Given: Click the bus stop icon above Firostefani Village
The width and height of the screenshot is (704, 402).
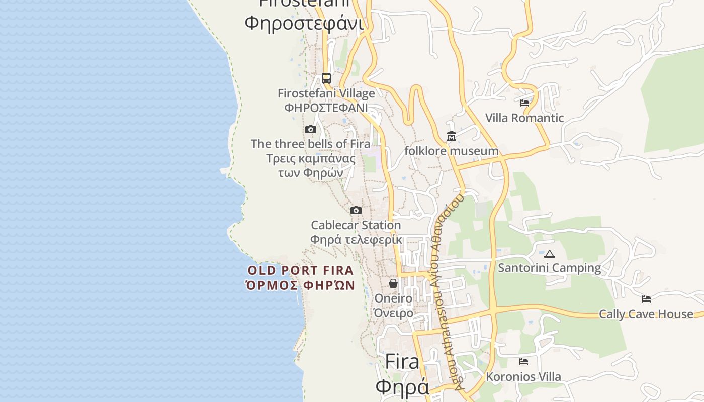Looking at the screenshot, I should [326, 78].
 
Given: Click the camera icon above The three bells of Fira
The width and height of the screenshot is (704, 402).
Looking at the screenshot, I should [311, 130].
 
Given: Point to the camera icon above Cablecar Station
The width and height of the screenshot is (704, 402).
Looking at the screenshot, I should [356, 210].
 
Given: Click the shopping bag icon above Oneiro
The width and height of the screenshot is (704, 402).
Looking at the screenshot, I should [393, 284].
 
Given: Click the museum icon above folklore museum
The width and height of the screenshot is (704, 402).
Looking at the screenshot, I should [451, 136].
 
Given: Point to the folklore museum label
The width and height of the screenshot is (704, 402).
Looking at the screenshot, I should [452, 151].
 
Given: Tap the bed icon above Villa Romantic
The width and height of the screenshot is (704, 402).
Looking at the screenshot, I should [524, 103].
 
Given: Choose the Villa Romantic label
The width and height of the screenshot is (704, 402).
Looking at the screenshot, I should [524, 118].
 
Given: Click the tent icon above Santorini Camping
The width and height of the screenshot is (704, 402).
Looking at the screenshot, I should [549, 254].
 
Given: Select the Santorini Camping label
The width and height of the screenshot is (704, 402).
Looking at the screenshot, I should [549, 268].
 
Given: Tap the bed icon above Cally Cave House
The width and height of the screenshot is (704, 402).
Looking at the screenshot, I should [646, 299].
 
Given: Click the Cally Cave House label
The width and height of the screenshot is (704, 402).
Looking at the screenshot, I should [646, 314].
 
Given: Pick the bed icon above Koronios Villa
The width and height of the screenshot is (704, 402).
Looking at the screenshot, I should [523, 362].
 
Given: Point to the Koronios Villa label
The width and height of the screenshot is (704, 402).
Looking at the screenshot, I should [523, 376].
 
